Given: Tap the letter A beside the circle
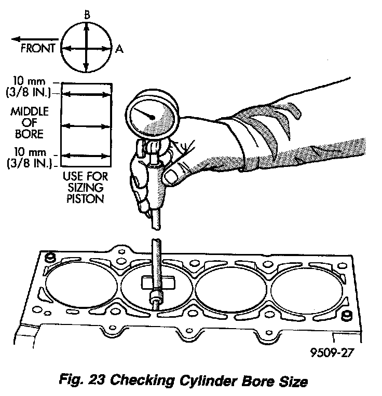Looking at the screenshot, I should (x=119, y=49).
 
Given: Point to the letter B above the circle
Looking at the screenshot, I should (x=87, y=16).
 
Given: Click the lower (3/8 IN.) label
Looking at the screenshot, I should (x=33, y=164).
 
